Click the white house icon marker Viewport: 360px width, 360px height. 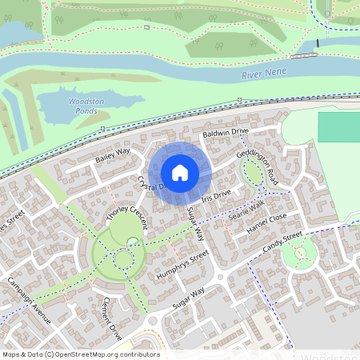180,173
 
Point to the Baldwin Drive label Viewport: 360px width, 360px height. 226,131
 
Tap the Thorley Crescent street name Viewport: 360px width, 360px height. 127,206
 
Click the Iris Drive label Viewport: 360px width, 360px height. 216,195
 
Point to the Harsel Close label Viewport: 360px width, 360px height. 266,224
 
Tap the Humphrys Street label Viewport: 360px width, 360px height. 182,265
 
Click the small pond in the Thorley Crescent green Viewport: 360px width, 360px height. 132,240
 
